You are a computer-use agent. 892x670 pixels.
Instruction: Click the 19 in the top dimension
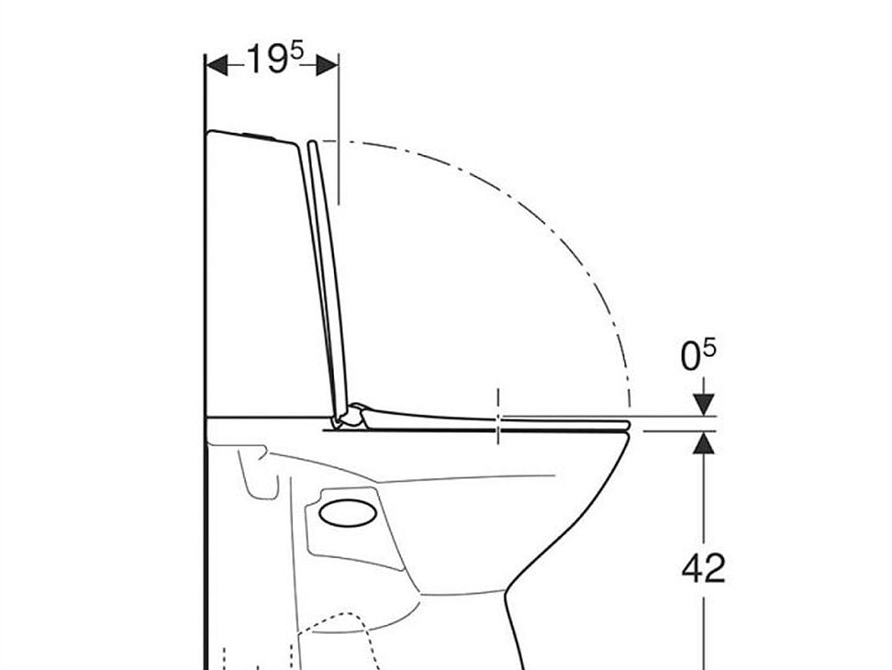coord(266,61)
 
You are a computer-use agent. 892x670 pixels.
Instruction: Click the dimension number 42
coord(703,569)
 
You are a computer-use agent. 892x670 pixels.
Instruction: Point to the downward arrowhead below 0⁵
coord(704,405)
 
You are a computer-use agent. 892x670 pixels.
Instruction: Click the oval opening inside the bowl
coord(348,513)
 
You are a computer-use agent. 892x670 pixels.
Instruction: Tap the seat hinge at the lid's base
coord(350,415)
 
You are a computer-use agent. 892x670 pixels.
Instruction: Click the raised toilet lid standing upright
coord(326,276)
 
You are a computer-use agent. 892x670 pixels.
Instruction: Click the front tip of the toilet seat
coord(625,425)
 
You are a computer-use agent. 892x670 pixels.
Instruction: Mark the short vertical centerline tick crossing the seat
coord(499,415)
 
